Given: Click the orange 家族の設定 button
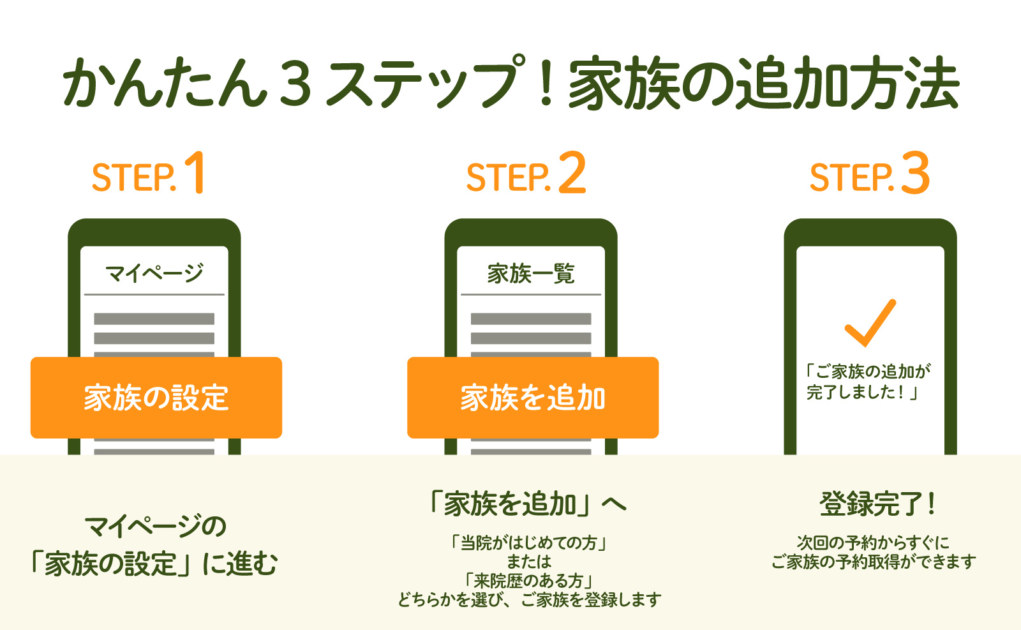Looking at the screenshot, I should click(x=156, y=398).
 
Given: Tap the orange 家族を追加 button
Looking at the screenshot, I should click(x=533, y=398).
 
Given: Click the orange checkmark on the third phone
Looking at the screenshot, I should click(x=870, y=322).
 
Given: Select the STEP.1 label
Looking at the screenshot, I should click(x=148, y=174).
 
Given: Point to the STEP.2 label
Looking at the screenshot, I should click(x=526, y=174).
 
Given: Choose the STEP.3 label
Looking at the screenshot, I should click(x=869, y=174).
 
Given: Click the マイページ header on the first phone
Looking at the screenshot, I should click(x=154, y=273).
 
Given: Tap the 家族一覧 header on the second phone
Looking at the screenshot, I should click(x=531, y=273).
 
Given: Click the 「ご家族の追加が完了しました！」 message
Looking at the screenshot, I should click(x=868, y=382).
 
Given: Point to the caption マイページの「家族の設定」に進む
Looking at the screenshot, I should click(x=154, y=546).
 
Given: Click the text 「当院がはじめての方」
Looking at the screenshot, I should click(x=529, y=543).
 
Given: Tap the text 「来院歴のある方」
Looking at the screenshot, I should click(x=529, y=581).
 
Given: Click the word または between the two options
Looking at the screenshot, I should click(x=529, y=562).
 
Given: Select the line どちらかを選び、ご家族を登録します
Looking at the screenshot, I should click(x=529, y=600).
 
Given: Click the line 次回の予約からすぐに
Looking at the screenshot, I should click(x=873, y=543).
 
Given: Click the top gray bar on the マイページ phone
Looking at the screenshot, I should click(x=154, y=319).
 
